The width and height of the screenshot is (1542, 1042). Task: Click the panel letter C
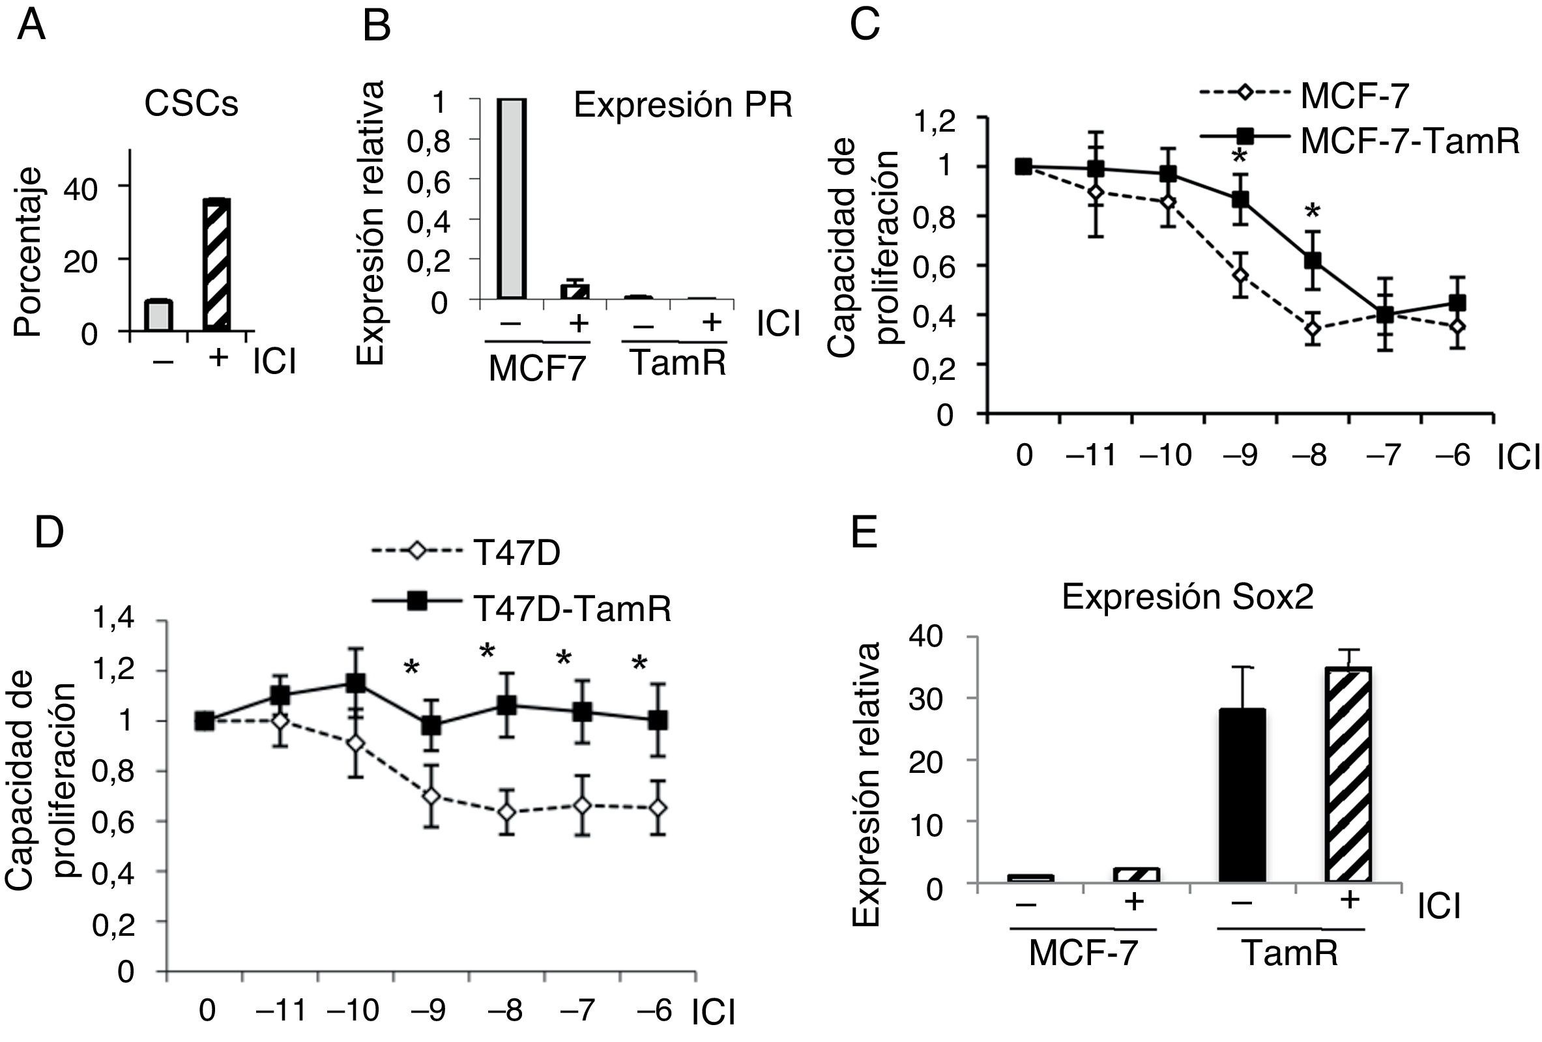pos(866,25)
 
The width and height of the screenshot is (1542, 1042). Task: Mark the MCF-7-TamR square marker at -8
pos(1313,261)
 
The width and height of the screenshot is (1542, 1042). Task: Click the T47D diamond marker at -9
pos(432,796)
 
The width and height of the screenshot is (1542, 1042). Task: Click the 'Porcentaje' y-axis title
pos(28,252)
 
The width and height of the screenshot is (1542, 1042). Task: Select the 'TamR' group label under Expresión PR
pos(676,363)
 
